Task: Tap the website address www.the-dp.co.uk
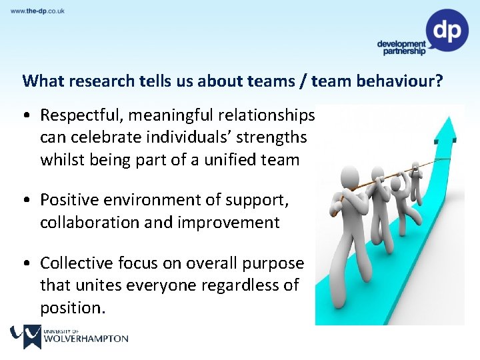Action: pyautogui.click(x=38, y=11)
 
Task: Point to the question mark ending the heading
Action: pyautogui.click(x=438, y=81)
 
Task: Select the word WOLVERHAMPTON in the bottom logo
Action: pyautogui.click(x=85, y=339)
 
